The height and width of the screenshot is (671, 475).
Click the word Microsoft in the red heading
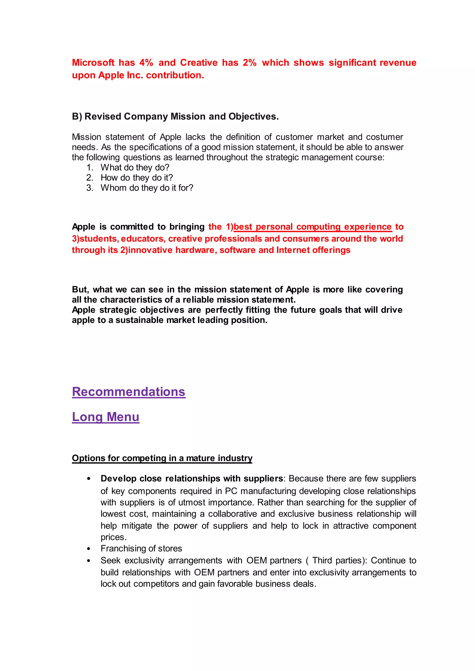93,63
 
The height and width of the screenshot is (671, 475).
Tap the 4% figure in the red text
146,63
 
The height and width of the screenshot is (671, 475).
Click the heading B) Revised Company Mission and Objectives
175,116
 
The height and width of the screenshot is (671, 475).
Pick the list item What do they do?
135,168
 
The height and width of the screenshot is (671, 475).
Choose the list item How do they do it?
137,178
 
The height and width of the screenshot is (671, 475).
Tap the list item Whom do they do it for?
147,188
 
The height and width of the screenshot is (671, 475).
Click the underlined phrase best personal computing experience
312,227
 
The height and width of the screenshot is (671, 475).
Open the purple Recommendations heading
129,392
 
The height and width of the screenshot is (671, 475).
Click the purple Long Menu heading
106,417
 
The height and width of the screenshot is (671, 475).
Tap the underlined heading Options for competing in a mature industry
162,458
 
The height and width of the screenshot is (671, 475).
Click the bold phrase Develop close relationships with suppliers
192,478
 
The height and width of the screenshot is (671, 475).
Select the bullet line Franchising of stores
141,549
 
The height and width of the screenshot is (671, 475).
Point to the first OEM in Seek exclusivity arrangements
257,560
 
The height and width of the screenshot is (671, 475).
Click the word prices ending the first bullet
113,537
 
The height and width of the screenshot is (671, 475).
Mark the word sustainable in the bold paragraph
140,320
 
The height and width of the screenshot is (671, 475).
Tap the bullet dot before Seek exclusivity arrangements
89,561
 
